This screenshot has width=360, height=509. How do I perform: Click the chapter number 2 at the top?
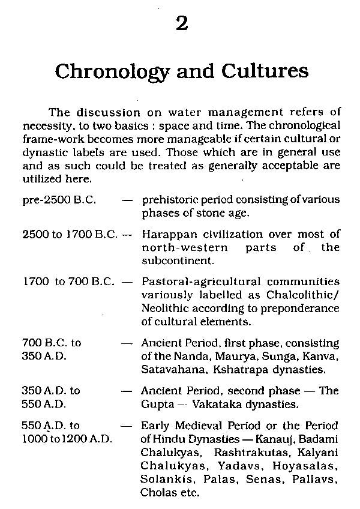coord(182,24)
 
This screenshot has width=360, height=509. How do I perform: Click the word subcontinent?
coord(172,261)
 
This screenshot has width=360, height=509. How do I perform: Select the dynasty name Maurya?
coord(226,357)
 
